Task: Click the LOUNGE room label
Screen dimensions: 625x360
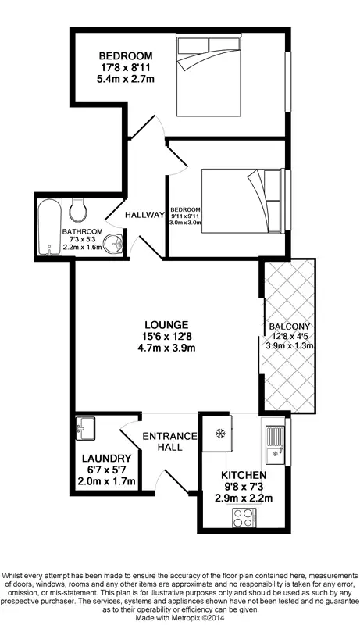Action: click(166, 324)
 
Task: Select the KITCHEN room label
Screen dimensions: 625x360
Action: click(244, 475)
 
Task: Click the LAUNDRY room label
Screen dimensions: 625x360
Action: click(109, 459)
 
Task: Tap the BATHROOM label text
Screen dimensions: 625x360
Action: click(82, 232)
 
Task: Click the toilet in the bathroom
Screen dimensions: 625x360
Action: click(78, 209)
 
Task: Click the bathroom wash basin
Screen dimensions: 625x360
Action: click(115, 243)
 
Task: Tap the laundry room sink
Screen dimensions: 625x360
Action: click(85, 427)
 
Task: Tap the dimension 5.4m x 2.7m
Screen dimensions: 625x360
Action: click(124, 79)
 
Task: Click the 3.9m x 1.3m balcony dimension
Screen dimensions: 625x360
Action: click(290, 346)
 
